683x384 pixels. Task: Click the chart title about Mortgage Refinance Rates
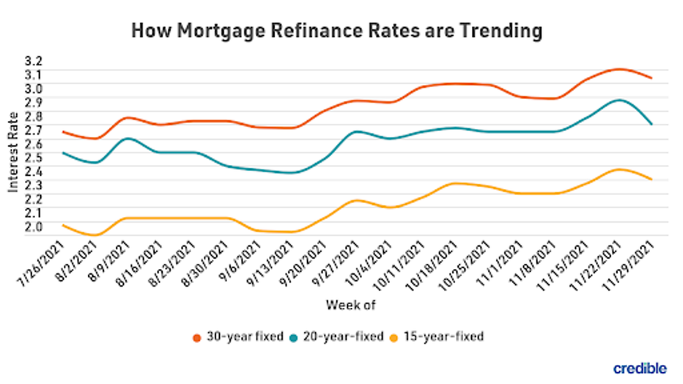point(337,31)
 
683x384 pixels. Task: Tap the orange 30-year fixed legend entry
point(235,337)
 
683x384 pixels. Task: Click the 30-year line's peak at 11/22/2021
point(619,70)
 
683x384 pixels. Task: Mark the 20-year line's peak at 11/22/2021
point(619,100)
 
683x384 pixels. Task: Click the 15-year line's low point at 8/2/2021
point(96,235)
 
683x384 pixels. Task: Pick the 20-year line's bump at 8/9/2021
point(128,138)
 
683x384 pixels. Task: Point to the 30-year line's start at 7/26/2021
point(64,132)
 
